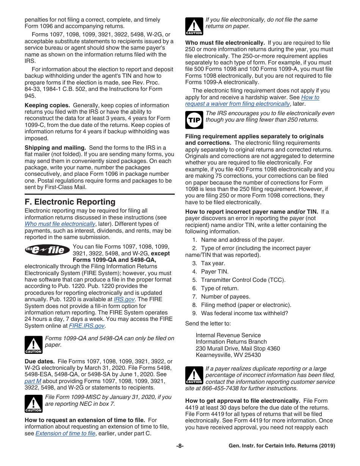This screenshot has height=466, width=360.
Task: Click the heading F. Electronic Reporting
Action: [70, 202]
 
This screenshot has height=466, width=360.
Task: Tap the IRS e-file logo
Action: [47, 250]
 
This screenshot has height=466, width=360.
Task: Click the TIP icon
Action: [194, 120]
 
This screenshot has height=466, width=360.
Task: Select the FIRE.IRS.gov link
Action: [87, 326]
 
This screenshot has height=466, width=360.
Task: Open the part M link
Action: [33, 381]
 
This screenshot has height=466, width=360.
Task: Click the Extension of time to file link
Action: [65, 433]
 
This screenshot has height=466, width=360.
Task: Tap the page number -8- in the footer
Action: [180, 446]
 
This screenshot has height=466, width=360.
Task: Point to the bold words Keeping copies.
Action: [47, 105]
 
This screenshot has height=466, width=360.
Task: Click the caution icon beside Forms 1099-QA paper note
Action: [33, 344]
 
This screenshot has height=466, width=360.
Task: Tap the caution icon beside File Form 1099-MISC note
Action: [33, 403]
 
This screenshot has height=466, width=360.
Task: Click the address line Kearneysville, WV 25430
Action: [228, 355]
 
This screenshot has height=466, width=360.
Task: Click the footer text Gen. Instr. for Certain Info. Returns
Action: [282, 446]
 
